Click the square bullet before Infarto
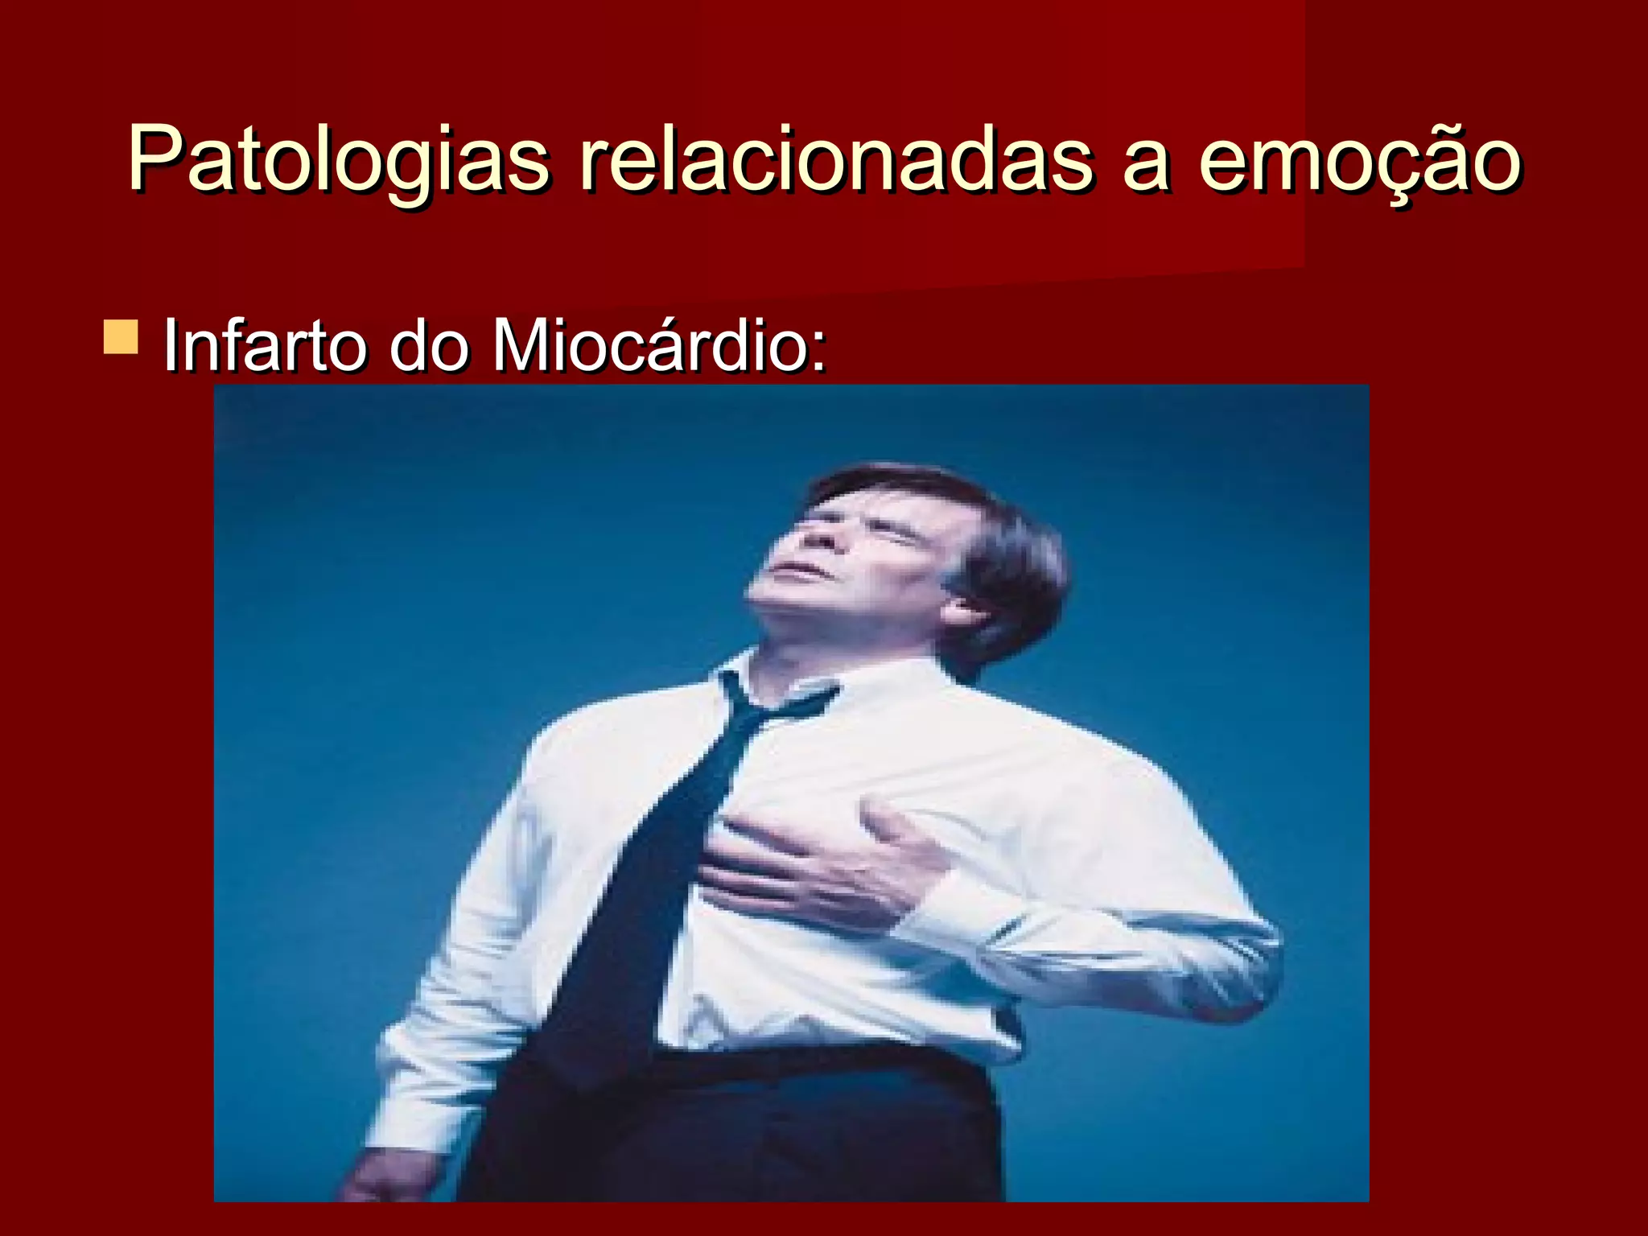(x=121, y=337)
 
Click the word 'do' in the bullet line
(x=429, y=346)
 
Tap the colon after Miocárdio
(x=818, y=354)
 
